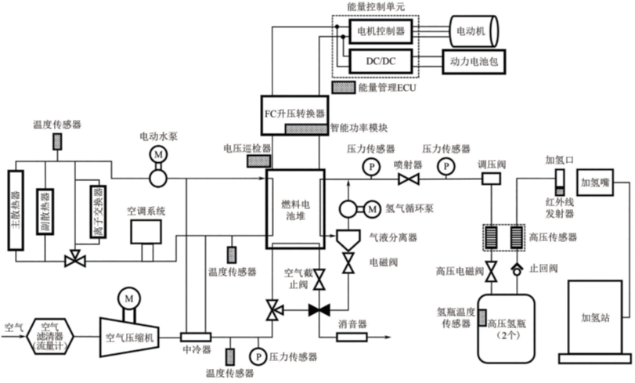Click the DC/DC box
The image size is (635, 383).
pyautogui.click(x=381, y=61)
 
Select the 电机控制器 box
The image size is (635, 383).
pyautogui.click(x=381, y=31)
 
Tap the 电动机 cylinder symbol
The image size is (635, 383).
pyautogui.click(x=474, y=31)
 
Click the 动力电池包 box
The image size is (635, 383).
pyautogui.click(x=474, y=62)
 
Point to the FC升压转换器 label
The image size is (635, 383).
pyautogui.click(x=294, y=114)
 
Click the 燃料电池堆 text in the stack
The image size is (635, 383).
pyautogui.click(x=295, y=210)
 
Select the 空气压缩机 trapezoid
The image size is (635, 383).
pyautogui.click(x=129, y=337)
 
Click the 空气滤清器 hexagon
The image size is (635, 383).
pyautogui.click(x=50, y=336)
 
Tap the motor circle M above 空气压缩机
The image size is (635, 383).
pyautogui.click(x=128, y=299)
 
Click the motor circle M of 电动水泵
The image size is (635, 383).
pyautogui.click(x=158, y=154)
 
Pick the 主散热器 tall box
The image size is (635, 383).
pyautogui.click(x=16, y=211)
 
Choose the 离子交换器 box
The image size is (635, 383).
pyautogui.click(x=98, y=211)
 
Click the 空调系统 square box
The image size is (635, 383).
pyautogui.click(x=146, y=232)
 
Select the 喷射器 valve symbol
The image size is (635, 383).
pyautogui.click(x=408, y=179)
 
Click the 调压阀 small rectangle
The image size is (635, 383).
pyautogui.click(x=491, y=179)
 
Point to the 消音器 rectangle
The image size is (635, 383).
pyautogui.click(x=352, y=337)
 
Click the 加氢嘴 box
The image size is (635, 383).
pyautogui.click(x=595, y=182)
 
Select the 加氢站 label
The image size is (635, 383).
pyautogui.click(x=595, y=318)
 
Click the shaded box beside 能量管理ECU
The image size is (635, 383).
pyautogui.click(x=344, y=88)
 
